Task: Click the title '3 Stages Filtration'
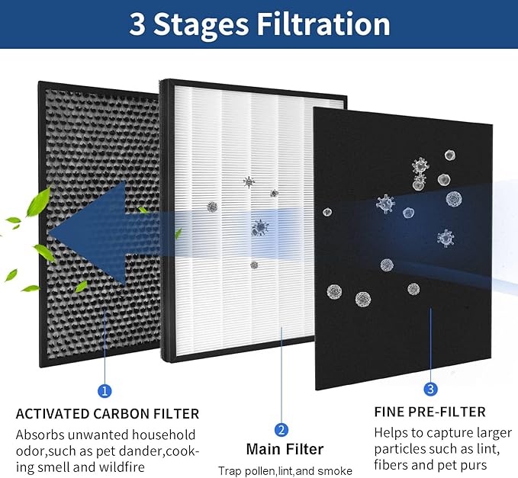259,24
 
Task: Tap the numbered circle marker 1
105,390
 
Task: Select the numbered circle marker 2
281,429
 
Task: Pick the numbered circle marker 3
430,390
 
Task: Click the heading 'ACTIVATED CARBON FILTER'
107,414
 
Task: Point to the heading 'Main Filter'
285,449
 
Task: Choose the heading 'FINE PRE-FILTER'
430,412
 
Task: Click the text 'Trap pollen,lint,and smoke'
285,471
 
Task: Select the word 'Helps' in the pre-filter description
391,432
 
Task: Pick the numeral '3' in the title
137,24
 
